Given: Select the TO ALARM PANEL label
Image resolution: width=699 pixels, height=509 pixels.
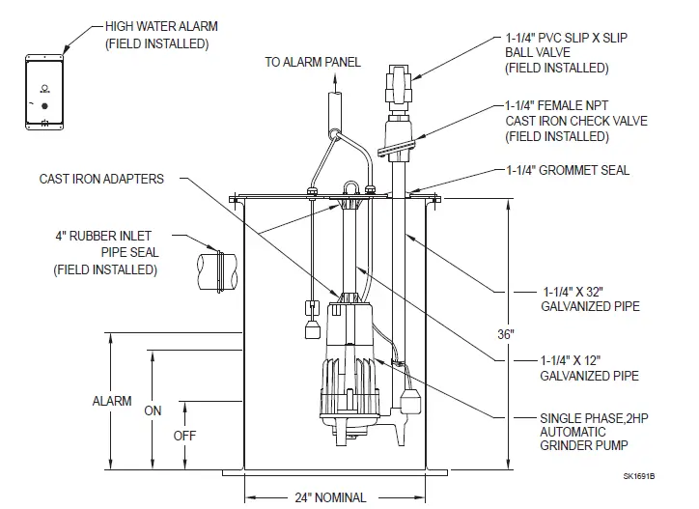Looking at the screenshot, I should tap(313, 63).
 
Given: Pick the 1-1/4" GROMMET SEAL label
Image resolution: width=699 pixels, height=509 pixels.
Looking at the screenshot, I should tap(568, 171).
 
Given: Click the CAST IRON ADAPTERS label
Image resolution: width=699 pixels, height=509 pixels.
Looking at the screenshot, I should tap(101, 179).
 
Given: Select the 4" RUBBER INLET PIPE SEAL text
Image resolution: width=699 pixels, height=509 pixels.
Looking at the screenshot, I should tap(106, 253).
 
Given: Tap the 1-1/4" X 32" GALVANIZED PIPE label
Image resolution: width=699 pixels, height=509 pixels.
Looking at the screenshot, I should tap(576, 297).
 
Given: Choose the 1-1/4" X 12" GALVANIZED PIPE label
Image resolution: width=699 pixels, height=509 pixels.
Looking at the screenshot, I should tap(576, 366).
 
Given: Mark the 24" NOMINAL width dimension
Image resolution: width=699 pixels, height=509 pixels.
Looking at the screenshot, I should tap(330, 497).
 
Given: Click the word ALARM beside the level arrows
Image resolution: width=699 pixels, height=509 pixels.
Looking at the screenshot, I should tap(112, 401).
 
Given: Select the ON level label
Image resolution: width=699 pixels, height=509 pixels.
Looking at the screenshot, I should tap(153, 410).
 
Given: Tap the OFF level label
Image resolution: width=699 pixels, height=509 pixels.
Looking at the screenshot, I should tap(184, 436).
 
